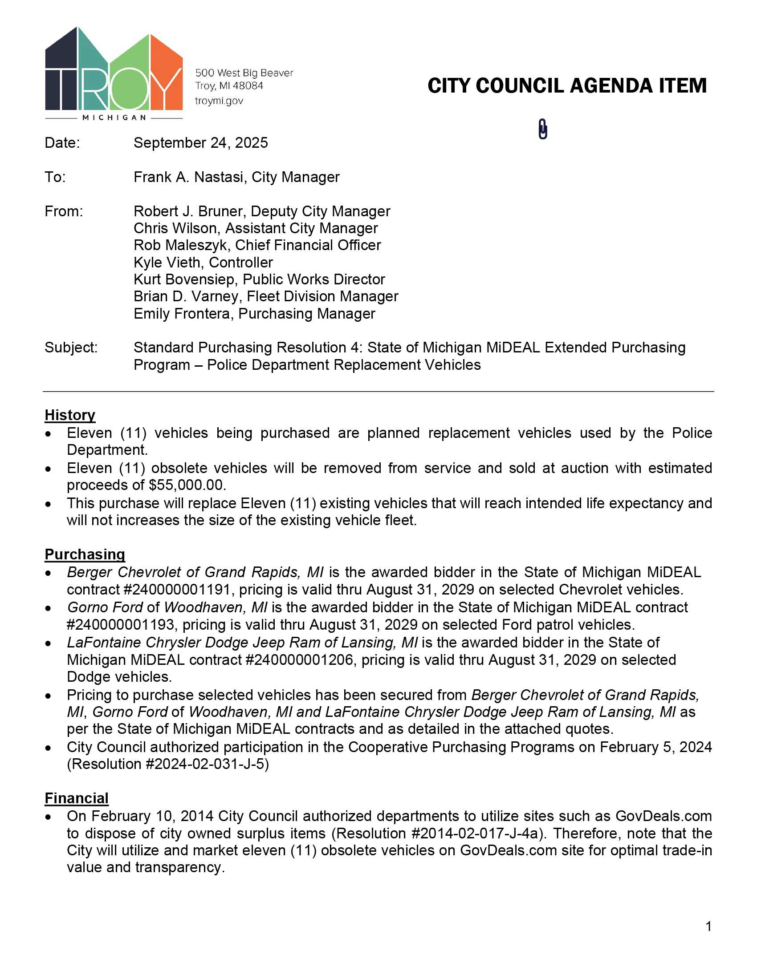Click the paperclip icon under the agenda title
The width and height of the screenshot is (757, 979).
(x=543, y=129)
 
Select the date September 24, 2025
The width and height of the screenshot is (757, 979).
(x=200, y=143)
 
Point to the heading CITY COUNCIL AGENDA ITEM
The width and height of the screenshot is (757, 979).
(x=567, y=86)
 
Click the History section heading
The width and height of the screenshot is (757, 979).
(x=70, y=415)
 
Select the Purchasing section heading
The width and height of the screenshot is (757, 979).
(x=85, y=554)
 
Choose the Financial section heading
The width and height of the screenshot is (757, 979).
(x=77, y=798)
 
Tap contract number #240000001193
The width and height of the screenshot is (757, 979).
(x=121, y=624)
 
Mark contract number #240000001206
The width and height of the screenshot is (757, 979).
(x=299, y=660)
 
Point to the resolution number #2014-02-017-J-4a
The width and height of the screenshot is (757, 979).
(x=476, y=833)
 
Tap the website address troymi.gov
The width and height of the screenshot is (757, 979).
(x=219, y=101)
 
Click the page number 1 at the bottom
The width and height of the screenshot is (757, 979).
(x=708, y=926)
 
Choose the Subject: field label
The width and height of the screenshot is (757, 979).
(x=71, y=348)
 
